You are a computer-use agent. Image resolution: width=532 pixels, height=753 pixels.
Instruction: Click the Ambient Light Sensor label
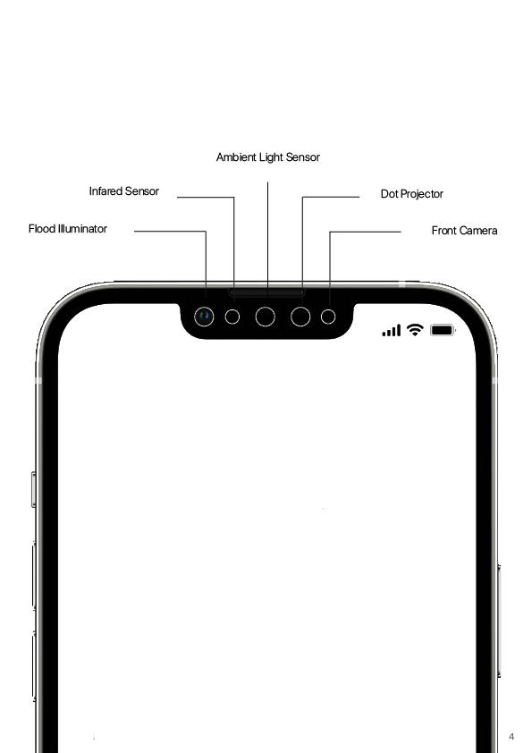(268, 157)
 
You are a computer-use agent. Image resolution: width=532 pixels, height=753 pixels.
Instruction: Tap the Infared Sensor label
(124, 191)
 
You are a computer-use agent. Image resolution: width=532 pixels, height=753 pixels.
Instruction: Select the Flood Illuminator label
(68, 229)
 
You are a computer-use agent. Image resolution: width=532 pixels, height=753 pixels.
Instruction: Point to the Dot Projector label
(412, 194)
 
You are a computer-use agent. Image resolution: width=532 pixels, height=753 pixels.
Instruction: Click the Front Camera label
(464, 231)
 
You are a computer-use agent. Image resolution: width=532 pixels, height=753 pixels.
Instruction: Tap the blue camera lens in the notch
(204, 317)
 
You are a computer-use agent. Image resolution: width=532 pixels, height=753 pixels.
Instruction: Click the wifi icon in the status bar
(415, 329)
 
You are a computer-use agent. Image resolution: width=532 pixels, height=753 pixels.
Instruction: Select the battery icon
(443, 330)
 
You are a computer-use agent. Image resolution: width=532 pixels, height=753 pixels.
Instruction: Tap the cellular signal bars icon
(392, 330)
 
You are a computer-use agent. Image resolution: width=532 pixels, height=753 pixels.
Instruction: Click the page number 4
(511, 736)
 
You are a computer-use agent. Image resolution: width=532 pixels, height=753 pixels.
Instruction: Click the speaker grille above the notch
(266, 292)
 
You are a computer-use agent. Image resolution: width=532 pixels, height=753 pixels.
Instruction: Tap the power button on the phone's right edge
(498, 621)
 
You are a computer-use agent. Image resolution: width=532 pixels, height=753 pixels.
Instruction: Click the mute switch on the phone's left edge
(34, 489)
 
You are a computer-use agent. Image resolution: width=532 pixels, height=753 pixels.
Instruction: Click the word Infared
(105, 191)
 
